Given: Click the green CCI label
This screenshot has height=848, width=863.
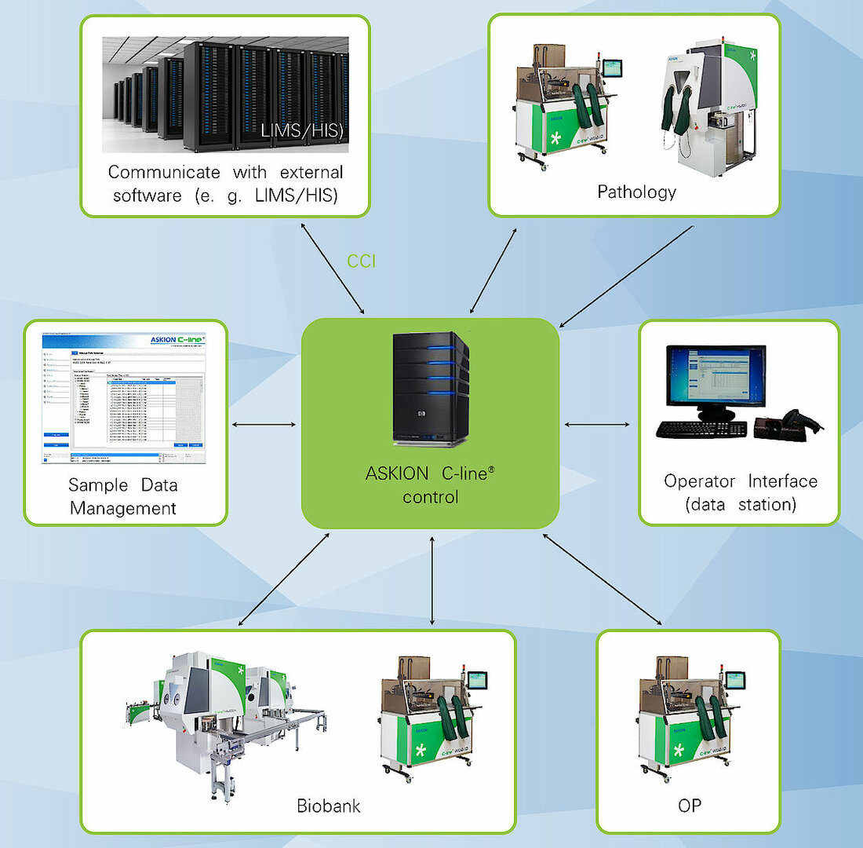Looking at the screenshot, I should click(362, 261).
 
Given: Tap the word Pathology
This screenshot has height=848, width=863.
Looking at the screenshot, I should click(636, 192).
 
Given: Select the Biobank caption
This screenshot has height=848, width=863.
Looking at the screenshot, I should click(329, 806).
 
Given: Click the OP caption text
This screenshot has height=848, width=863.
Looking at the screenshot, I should click(689, 806).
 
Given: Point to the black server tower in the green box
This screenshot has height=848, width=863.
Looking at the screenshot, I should click(430, 389).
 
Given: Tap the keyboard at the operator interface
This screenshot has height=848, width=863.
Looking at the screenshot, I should click(701, 429).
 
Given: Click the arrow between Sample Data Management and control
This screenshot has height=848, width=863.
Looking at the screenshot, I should click(265, 425).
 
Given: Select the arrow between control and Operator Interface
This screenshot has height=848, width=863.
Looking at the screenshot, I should click(597, 425).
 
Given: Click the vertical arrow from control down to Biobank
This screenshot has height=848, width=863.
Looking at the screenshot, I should click(432, 580).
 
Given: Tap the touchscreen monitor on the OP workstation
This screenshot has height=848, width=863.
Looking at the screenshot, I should click(735, 679).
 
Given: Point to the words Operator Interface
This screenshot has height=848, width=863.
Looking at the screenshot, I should click(740, 481).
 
